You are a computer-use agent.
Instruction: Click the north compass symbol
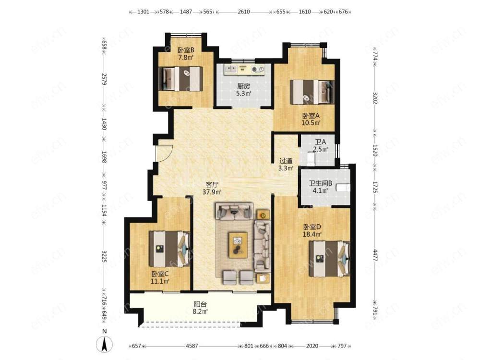104,344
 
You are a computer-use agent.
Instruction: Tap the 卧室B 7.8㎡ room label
186,54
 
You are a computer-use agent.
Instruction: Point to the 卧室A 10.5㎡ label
311,120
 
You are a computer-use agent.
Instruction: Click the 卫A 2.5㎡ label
320,146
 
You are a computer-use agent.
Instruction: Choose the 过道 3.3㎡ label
286,164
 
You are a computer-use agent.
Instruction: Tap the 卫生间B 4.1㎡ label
320,187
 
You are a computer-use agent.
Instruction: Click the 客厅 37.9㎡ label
212,188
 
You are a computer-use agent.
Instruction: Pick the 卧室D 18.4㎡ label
312,231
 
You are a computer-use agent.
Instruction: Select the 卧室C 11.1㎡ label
160,277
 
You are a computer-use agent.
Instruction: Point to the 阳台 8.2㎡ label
201,308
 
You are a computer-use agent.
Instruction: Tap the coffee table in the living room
238,245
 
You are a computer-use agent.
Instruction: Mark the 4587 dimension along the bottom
192,346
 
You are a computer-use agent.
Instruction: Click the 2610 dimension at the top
244,12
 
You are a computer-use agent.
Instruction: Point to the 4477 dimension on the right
375,256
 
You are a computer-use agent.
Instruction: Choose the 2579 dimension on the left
104,79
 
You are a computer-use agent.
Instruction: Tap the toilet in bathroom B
343,187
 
